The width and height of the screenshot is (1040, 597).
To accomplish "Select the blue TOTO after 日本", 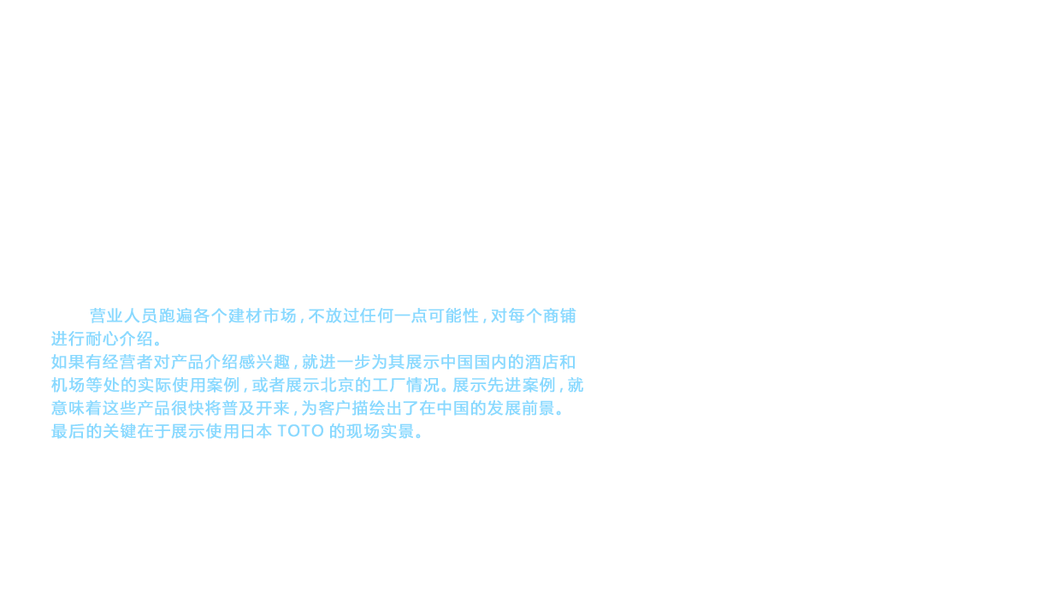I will point(300,432).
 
